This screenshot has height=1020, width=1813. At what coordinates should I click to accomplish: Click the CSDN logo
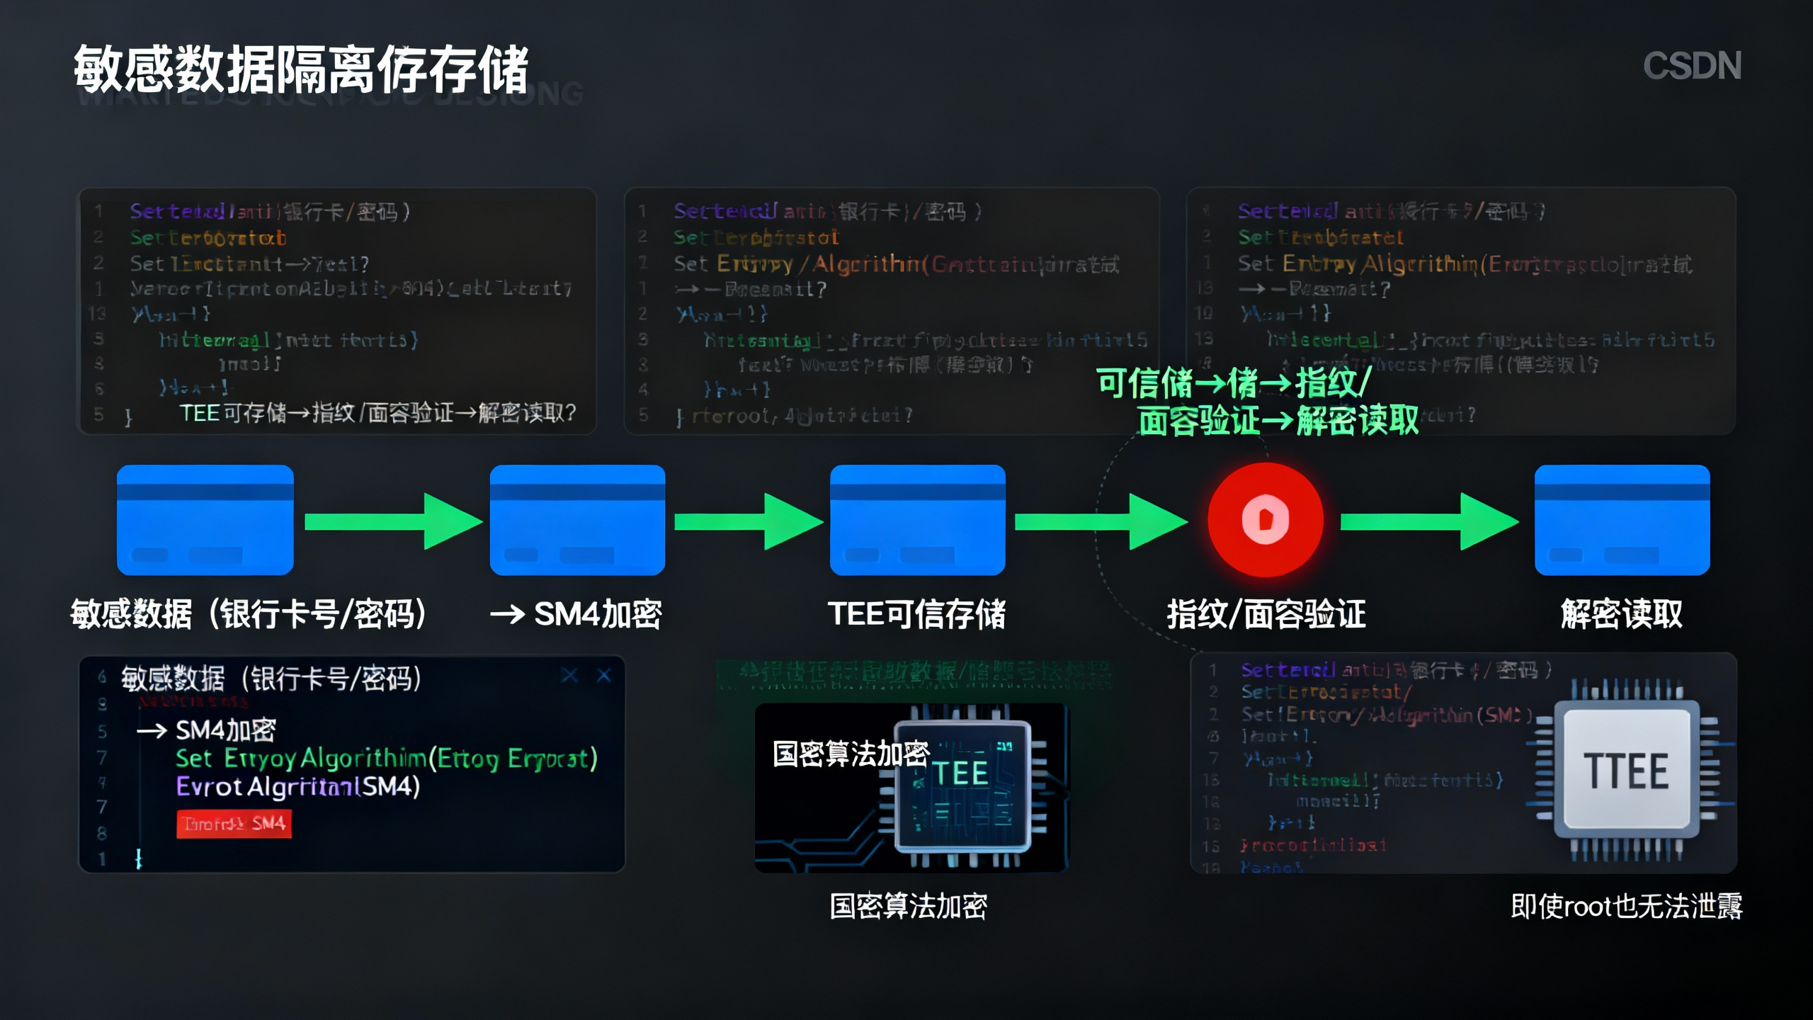[x=1691, y=66]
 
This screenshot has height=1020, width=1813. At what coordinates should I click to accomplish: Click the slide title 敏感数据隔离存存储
[x=301, y=69]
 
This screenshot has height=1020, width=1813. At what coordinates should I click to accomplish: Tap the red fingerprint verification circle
[x=1265, y=520]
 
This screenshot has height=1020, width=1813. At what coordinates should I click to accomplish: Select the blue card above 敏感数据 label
[x=205, y=520]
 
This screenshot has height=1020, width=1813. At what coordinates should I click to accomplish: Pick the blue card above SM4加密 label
[x=577, y=520]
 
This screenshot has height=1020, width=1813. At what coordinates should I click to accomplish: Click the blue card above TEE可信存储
[x=917, y=520]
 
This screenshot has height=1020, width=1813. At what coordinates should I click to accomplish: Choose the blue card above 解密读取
[x=1622, y=520]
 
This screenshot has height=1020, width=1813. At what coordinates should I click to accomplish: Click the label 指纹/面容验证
[x=1266, y=614]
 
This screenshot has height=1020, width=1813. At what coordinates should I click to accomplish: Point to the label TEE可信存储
[x=916, y=614]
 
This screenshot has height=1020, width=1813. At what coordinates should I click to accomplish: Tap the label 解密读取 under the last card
[x=1621, y=614]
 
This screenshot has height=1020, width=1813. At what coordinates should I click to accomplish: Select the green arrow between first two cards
[x=393, y=522]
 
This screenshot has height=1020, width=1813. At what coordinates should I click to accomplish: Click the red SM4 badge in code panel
[x=234, y=824]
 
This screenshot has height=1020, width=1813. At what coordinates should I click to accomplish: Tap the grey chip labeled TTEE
[x=1626, y=771]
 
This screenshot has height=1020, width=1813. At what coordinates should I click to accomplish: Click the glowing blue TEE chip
[x=962, y=786]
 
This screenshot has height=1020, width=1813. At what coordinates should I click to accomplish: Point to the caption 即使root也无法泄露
[x=1626, y=906]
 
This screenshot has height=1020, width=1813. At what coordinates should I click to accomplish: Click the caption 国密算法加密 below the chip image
[x=908, y=906]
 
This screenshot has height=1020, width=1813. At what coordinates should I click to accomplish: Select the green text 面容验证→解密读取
[x=1278, y=421]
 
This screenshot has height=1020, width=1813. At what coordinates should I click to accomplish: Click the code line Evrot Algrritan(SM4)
[x=298, y=786]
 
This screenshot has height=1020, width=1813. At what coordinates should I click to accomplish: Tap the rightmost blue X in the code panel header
[x=604, y=675]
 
